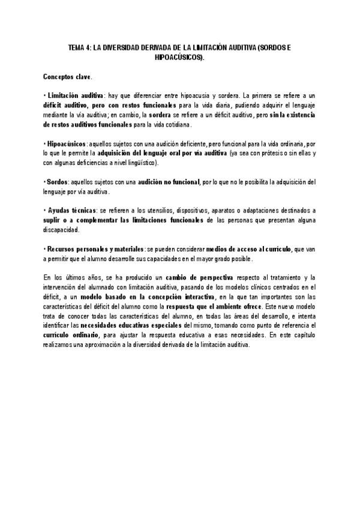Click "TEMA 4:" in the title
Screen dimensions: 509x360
pyautogui.click(x=78, y=46)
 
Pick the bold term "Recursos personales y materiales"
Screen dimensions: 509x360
pyautogui.click(x=95, y=250)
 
